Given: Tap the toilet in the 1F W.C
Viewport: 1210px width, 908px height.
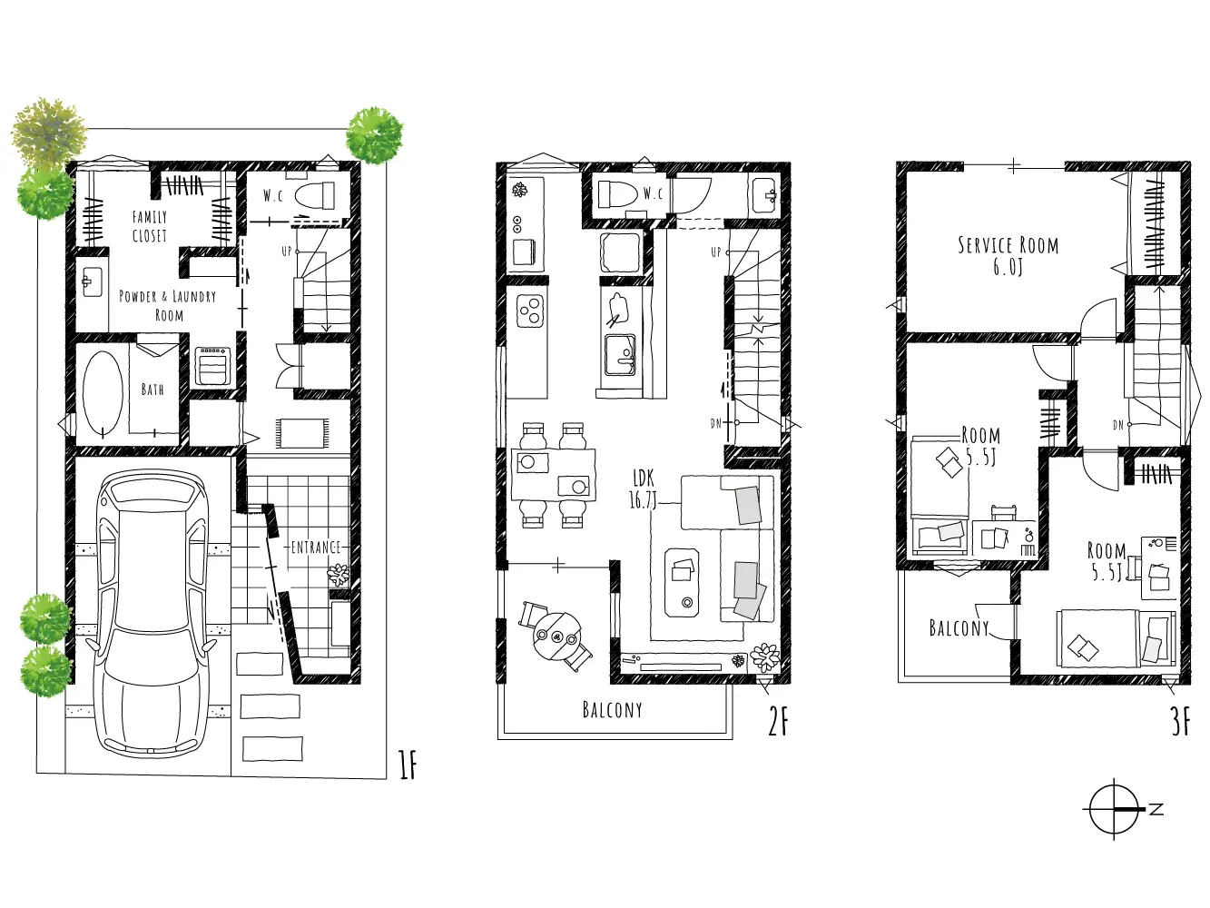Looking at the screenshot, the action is (x=315, y=195).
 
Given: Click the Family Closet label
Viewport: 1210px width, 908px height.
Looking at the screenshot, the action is (x=150, y=227).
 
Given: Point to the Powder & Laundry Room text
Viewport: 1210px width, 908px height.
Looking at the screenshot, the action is (x=168, y=306).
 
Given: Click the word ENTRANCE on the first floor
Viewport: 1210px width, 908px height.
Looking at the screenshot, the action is (x=316, y=547).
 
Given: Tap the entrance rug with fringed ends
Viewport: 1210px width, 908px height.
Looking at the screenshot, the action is (x=301, y=433).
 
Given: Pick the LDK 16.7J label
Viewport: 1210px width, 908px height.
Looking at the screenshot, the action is (x=644, y=489).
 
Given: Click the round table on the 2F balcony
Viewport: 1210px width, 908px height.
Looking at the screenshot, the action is (x=556, y=637).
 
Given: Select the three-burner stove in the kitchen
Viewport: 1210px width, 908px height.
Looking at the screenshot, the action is (x=530, y=311).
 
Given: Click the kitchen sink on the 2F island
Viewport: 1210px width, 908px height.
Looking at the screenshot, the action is (x=620, y=354).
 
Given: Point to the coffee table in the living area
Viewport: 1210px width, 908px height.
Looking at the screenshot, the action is (x=682, y=582).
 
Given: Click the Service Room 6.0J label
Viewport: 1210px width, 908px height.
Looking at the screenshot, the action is (x=1008, y=255).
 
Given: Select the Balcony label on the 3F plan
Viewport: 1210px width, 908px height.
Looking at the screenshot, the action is (x=959, y=628).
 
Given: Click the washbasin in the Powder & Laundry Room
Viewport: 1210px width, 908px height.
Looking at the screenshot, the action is (x=92, y=282).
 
